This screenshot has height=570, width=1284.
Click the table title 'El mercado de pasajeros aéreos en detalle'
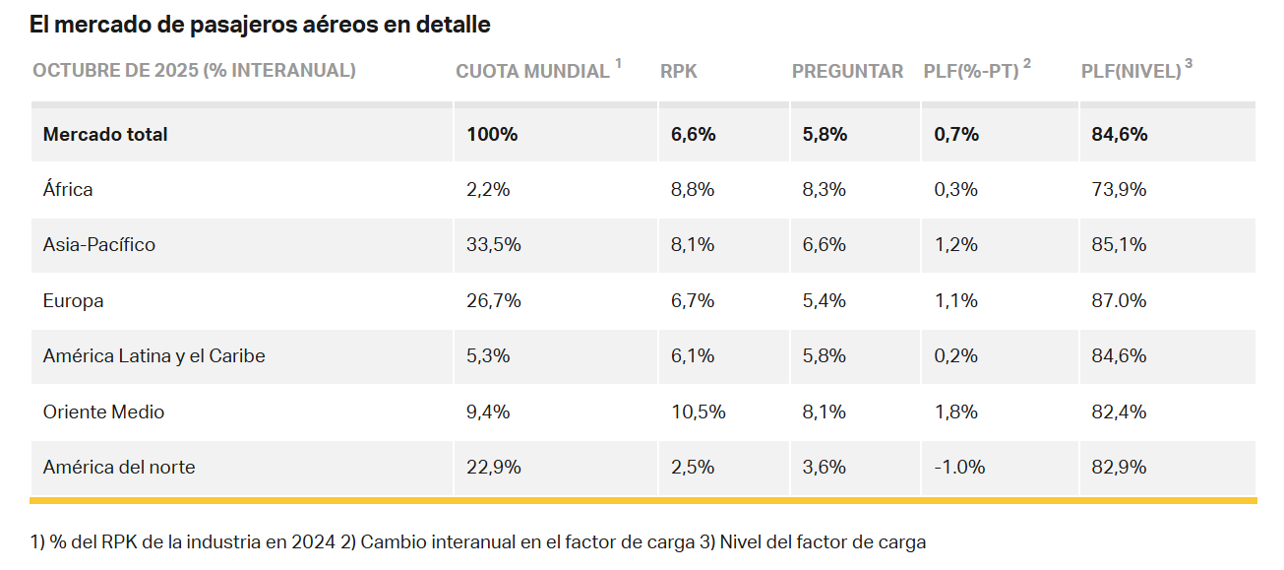(x=260, y=25)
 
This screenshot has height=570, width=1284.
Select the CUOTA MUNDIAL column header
(x=532, y=71)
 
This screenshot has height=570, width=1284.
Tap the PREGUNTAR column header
(x=847, y=71)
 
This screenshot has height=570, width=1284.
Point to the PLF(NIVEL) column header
(x=1131, y=71)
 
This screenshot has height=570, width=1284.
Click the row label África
(x=68, y=189)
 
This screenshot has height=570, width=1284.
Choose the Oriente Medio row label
(x=103, y=412)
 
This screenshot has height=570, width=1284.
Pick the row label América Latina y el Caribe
(x=153, y=355)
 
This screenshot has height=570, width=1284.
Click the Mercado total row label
(x=105, y=134)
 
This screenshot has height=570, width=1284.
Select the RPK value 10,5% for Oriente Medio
(x=699, y=412)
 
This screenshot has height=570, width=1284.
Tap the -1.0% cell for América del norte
(x=959, y=467)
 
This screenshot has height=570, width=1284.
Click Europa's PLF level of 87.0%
(x=1119, y=300)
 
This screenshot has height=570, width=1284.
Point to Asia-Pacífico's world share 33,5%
(x=494, y=245)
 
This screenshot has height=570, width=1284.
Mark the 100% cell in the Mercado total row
(x=492, y=134)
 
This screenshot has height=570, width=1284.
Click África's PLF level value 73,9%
(x=1119, y=189)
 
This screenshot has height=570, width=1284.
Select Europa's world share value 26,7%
(x=494, y=300)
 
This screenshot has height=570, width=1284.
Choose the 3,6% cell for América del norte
(x=825, y=467)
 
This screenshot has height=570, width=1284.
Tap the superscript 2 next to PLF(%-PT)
(x=1027, y=64)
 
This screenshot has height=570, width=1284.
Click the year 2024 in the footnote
(x=313, y=541)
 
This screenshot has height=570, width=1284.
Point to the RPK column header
(x=679, y=71)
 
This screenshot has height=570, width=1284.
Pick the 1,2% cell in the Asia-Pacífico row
(x=956, y=245)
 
